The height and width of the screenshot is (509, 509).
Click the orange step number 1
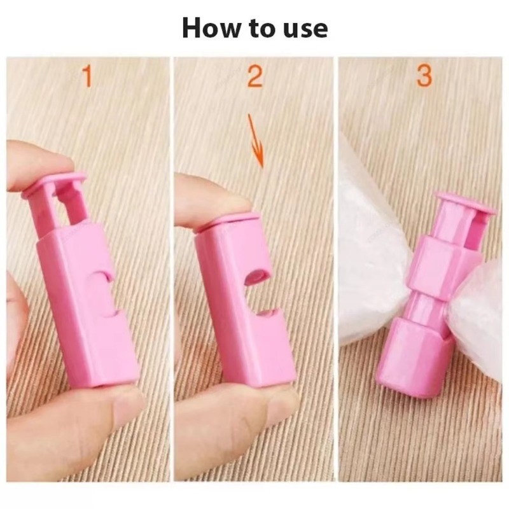(87, 76)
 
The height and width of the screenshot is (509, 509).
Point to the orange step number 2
(254, 76)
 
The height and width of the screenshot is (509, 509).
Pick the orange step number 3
(424, 76)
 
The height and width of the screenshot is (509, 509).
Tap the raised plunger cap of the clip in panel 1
(55, 185)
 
